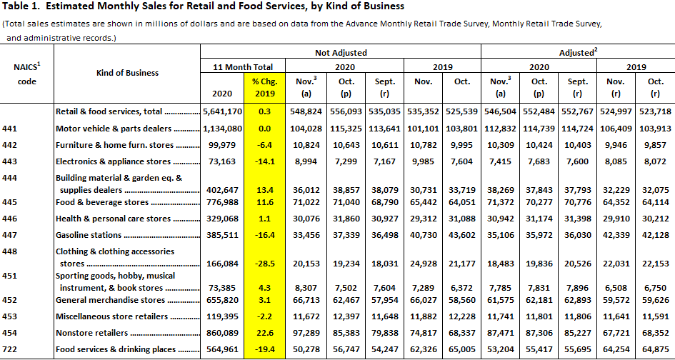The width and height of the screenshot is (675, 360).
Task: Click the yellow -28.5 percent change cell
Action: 264,264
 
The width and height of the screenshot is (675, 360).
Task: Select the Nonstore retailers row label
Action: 92,333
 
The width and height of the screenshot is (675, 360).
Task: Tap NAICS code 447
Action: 9,235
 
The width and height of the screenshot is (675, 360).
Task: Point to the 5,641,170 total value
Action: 222,112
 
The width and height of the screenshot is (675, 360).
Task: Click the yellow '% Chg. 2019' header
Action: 264,87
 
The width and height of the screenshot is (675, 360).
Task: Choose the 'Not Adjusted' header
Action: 341,53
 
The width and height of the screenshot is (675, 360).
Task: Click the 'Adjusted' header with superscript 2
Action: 579,53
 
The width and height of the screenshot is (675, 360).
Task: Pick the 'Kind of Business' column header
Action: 127,73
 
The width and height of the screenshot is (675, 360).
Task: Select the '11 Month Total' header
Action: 244,66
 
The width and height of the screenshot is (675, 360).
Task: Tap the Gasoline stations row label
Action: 89,235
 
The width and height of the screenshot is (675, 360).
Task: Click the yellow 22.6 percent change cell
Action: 264,333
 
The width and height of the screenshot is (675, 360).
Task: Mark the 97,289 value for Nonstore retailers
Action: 306,333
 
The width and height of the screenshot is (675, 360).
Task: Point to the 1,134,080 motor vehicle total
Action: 222,129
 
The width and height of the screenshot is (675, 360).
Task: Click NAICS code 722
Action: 9,349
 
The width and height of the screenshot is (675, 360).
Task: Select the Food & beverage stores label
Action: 102,202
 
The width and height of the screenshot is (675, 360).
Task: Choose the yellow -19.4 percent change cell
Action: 264,349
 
